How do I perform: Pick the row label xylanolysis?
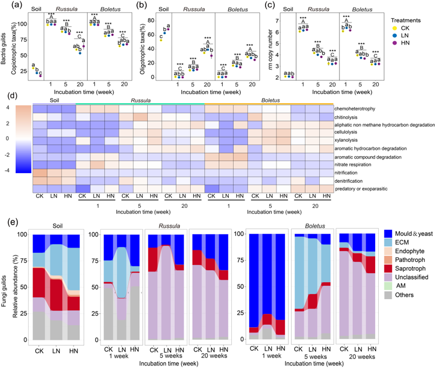tap(348, 140)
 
